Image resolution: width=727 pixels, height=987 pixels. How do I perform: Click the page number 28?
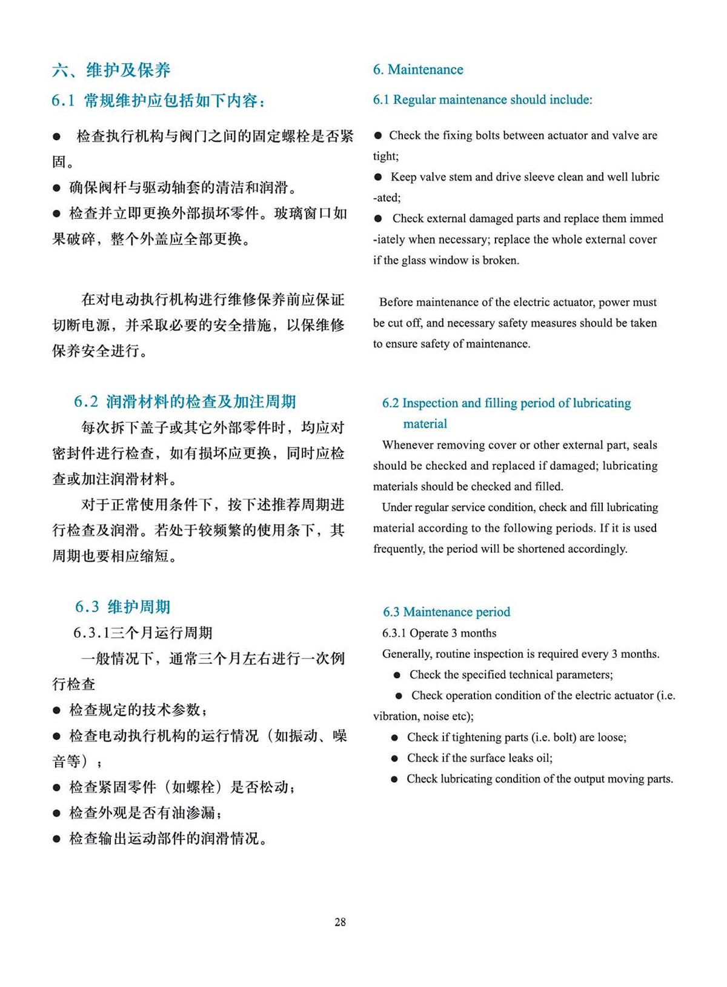(340, 922)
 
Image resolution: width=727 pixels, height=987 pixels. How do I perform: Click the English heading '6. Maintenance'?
(418, 70)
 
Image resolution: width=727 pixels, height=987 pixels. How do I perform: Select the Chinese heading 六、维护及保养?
(111, 70)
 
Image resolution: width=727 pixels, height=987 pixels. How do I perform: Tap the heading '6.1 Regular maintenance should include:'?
(482, 100)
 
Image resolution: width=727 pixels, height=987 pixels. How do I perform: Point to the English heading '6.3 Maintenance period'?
(446, 612)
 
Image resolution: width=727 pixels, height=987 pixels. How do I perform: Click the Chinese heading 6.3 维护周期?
(123, 607)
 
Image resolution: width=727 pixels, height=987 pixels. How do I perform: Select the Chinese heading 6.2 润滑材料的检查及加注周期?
(185, 401)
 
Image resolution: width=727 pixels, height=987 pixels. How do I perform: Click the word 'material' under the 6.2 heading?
(425, 424)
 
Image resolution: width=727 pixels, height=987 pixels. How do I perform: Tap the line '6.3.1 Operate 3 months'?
(439, 633)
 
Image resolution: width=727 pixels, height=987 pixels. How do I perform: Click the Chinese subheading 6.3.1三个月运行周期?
(143, 633)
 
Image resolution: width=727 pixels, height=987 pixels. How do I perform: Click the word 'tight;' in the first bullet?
(386, 156)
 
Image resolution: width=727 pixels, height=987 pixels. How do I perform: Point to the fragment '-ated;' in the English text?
(387, 198)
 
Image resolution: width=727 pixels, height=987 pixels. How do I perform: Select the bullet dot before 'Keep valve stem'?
(378, 177)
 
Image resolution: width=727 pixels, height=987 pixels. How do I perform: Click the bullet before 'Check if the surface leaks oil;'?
(394, 758)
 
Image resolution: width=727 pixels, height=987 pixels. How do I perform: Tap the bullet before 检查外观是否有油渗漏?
(57, 813)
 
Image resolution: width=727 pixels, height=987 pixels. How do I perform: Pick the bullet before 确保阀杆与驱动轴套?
(57, 188)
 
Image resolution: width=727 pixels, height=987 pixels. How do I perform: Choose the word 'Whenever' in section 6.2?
(408, 445)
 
